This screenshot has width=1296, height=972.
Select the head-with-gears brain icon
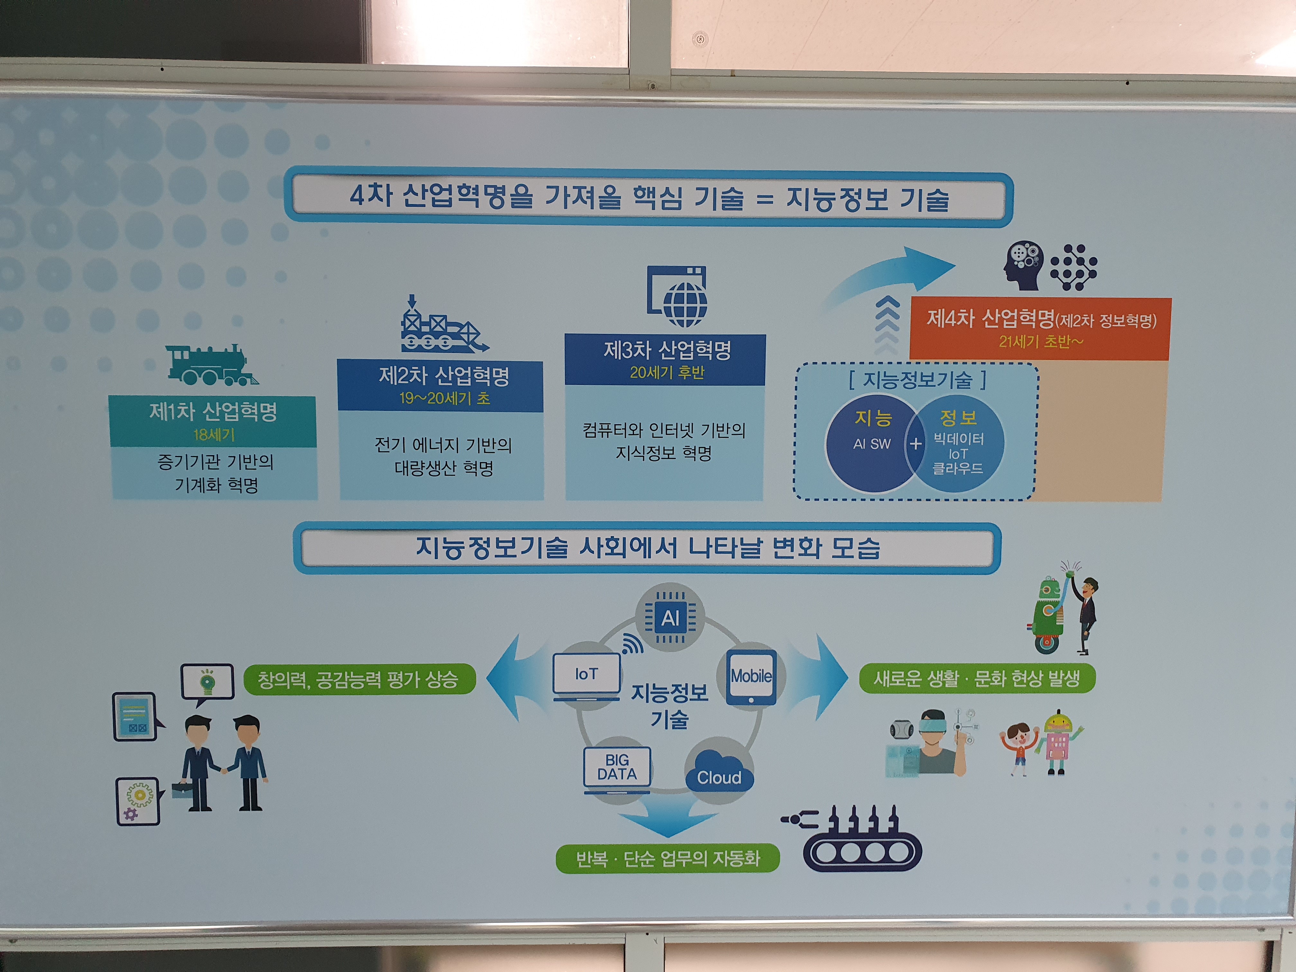(x=1023, y=265)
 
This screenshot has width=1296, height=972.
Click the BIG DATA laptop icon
(x=617, y=769)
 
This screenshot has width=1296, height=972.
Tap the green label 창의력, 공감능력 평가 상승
(x=359, y=679)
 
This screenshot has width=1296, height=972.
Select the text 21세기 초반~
(x=1040, y=341)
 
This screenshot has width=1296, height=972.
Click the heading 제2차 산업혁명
(x=444, y=375)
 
